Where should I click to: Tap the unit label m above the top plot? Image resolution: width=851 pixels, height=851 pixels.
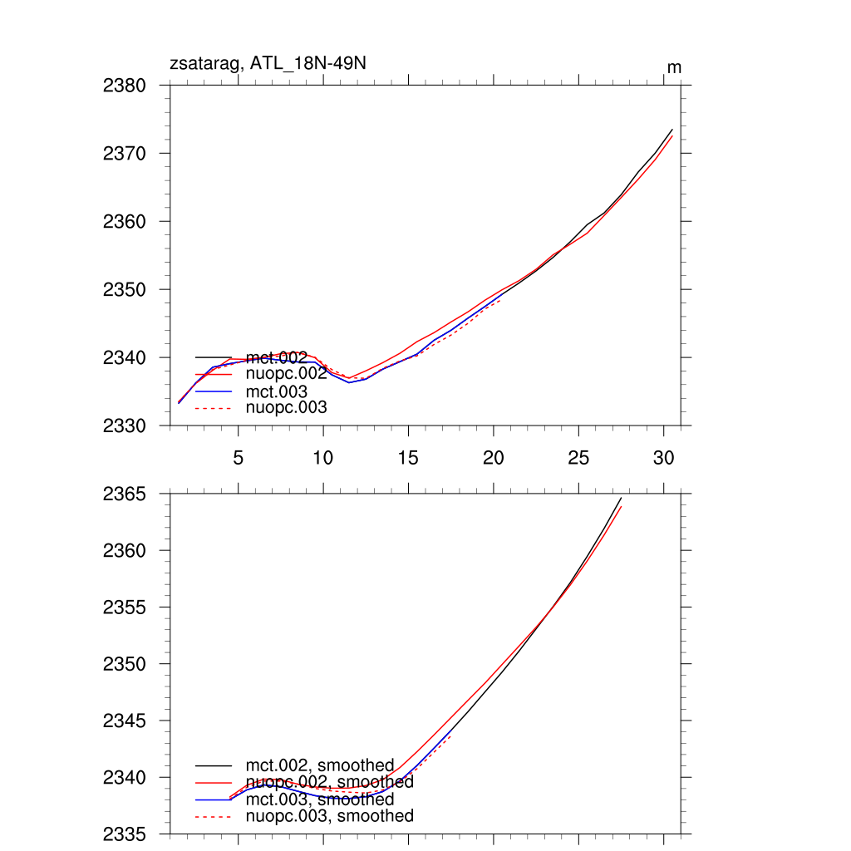(674, 67)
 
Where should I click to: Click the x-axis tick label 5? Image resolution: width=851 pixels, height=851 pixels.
(239, 458)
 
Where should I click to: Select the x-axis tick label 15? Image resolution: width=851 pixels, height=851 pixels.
(408, 458)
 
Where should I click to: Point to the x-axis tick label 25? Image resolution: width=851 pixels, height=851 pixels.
(578, 458)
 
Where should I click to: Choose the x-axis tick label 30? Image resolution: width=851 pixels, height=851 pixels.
(663, 458)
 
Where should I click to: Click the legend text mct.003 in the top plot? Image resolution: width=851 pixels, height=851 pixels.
(277, 391)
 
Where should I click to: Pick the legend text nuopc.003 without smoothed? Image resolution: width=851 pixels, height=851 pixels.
(287, 408)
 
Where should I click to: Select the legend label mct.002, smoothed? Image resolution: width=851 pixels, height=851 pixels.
(319, 765)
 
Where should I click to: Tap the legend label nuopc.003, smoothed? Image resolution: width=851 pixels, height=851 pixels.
(329, 817)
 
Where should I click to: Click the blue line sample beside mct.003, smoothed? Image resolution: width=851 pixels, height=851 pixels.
(213, 799)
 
